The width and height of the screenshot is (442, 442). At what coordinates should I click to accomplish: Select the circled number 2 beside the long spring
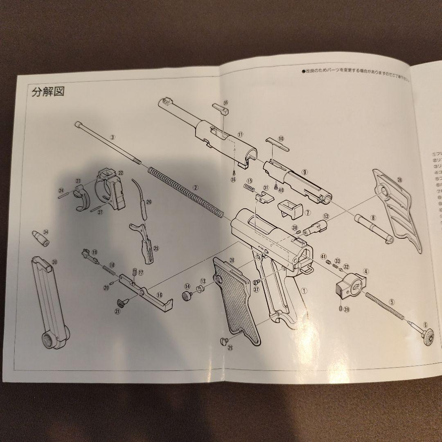[x=196, y=187]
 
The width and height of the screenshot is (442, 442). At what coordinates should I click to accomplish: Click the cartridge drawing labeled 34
[x=39, y=238]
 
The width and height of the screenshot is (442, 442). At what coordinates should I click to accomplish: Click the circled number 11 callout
[x=240, y=134]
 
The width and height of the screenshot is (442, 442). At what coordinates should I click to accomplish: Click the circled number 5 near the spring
[x=392, y=302]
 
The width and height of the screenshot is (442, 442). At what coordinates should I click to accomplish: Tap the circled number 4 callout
[x=366, y=271]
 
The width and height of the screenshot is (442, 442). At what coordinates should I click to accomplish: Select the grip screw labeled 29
[x=223, y=340]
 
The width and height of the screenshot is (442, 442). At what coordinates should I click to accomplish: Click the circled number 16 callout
[x=159, y=295]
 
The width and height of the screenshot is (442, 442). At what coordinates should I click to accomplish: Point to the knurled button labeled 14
[x=187, y=295]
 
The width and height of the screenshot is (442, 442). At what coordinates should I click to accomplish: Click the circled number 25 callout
[x=156, y=248]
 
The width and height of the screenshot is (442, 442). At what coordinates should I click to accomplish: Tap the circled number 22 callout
[x=120, y=173]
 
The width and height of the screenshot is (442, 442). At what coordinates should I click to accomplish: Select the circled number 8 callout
[x=373, y=218]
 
